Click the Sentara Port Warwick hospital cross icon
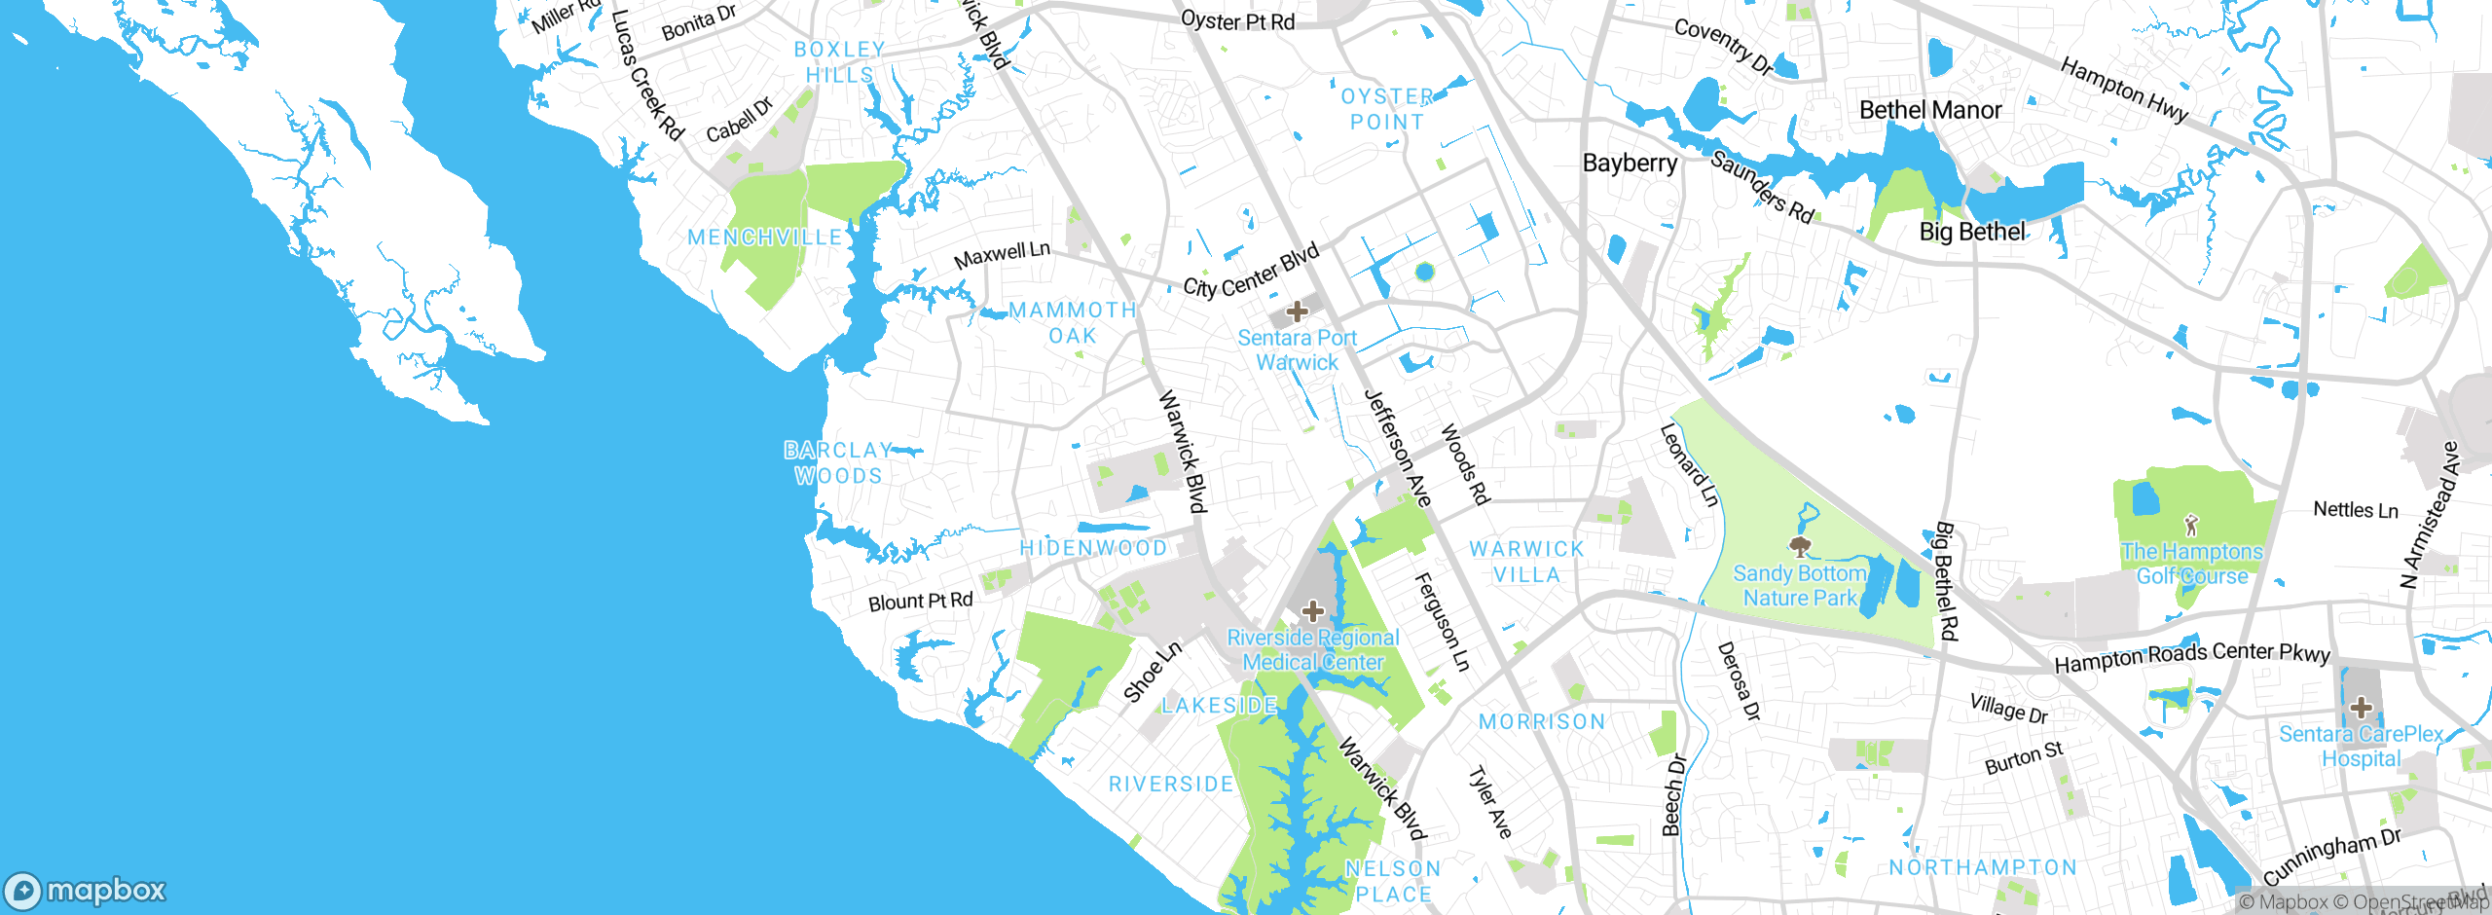tap(1297, 311)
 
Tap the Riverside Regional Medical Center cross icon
tap(1313, 611)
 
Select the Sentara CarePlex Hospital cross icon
tap(2361, 707)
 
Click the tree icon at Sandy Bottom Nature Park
tap(1800, 546)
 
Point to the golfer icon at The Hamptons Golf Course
tap(2191, 526)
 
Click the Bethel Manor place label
tap(1930, 110)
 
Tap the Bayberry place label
tap(1630, 163)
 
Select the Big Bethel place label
tap(1972, 232)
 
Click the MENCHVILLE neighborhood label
tap(765, 238)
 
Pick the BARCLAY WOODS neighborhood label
tap(838, 463)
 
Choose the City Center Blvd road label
tap(1251, 271)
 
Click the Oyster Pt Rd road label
tap(1237, 20)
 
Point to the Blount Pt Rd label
tap(920, 602)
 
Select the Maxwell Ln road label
tap(1002, 255)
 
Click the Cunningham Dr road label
tap(2331, 856)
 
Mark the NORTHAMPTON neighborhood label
tap(1983, 867)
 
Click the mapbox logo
tap(86, 890)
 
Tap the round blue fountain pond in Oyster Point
tap(1425, 272)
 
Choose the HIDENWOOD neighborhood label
tap(1093, 548)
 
